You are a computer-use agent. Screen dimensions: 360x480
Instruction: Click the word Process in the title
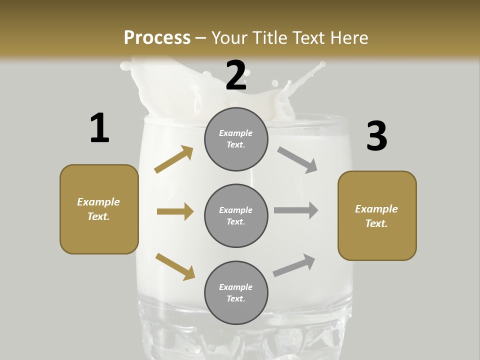tap(157, 37)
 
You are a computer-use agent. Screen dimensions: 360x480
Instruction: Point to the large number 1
tap(99, 128)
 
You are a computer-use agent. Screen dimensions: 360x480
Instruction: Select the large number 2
tap(236, 75)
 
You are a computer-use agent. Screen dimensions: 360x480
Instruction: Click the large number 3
tap(376, 136)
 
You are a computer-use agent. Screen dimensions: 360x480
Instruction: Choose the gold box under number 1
tap(99, 209)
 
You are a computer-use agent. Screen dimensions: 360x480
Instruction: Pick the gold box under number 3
tap(377, 215)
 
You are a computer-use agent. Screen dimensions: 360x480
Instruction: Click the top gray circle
tap(236, 139)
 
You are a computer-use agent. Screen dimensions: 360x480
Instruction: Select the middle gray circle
tap(236, 215)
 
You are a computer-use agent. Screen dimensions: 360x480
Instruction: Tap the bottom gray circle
tap(236, 292)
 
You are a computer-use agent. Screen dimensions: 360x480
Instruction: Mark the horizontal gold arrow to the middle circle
tap(175, 211)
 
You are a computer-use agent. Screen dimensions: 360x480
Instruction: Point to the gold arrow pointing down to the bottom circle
tap(175, 266)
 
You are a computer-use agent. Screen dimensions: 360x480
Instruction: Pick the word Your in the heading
tap(228, 37)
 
